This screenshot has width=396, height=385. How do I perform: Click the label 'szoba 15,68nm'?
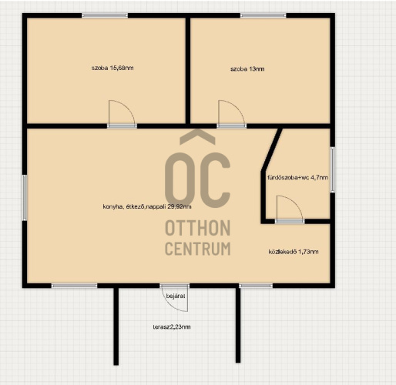(112, 68)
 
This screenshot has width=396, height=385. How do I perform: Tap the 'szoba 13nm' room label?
(247, 69)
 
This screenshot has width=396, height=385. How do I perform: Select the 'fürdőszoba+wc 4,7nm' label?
(297, 177)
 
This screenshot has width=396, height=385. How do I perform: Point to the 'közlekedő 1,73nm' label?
(294, 252)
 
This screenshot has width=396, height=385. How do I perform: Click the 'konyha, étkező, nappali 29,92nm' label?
(147, 206)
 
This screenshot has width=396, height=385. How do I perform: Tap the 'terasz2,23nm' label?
(172, 326)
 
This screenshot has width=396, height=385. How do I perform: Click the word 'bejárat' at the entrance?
(176, 296)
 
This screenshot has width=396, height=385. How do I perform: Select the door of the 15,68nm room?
(122, 112)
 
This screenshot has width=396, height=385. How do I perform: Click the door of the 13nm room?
(231, 112)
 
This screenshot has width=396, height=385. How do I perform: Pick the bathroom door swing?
(290, 208)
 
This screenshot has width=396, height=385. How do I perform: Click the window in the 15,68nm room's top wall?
(105, 15)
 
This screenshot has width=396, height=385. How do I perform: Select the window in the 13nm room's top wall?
(263, 15)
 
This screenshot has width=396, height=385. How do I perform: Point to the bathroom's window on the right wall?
(332, 169)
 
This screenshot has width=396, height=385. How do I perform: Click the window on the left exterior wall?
(25, 197)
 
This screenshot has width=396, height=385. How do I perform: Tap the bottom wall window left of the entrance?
(74, 286)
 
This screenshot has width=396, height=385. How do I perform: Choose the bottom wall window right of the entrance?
(256, 286)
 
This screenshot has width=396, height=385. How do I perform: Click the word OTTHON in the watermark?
(197, 228)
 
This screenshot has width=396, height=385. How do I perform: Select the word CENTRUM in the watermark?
(197, 248)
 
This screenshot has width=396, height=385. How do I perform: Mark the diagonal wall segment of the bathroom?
(272, 149)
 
